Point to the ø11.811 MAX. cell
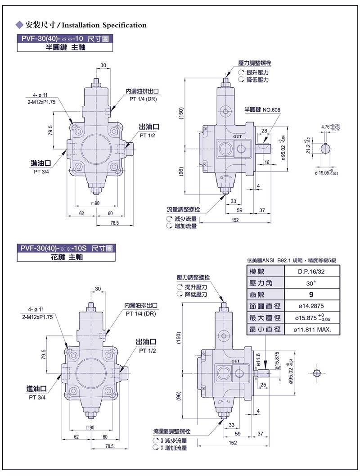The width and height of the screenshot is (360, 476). pyautogui.click(x=312, y=330)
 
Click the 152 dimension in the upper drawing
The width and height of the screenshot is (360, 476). pyautogui.click(x=235, y=220)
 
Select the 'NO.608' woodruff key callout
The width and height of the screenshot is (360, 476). pyautogui.click(x=271, y=110)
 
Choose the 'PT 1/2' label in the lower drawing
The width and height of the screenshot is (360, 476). pyautogui.click(x=147, y=350)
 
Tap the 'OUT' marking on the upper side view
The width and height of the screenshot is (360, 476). pyautogui.click(x=237, y=136)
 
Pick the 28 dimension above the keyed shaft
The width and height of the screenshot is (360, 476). pyautogui.click(x=264, y=131)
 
